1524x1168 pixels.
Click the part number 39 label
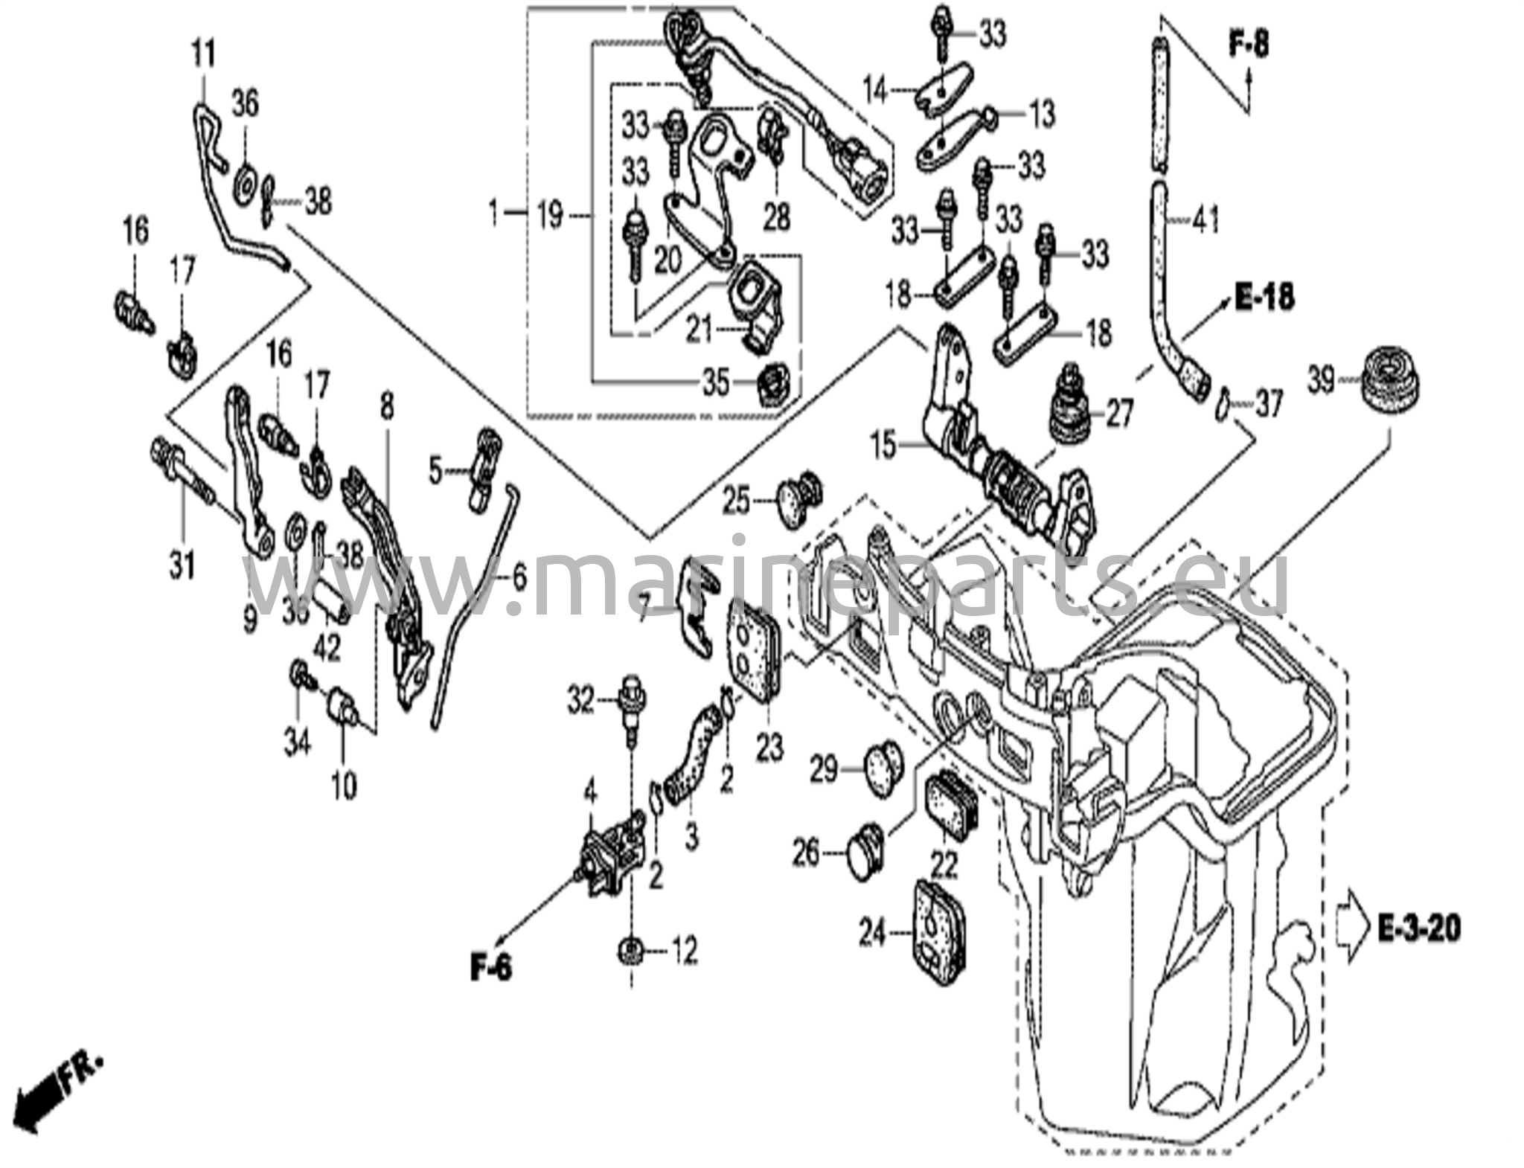coord(1321,382)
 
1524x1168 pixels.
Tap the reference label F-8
coord(1249,45)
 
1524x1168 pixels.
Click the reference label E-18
coord(1264,298)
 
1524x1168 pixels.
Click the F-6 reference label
coord(491,968)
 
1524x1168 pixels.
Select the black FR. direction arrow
coord(42,1093)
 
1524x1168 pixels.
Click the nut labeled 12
coord(631,950)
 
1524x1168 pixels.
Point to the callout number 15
coord(883,446)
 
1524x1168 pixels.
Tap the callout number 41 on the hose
coord(1206,219)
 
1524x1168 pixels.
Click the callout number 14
coord(875,92)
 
